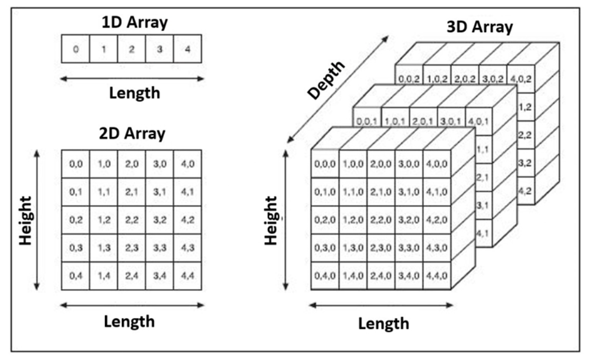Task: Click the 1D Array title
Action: (135, 23)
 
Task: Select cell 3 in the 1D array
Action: (159, 49)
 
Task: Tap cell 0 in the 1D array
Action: (76, 49)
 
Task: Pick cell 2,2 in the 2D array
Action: (131, 220)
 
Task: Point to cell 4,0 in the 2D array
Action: (188, 164)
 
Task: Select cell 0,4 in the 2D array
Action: (76, 275)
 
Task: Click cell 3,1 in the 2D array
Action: (159, 192)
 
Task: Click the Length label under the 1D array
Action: (135, 93)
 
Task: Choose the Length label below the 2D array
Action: (130, 321)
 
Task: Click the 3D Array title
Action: (478, 27)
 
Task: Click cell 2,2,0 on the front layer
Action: (380, 220)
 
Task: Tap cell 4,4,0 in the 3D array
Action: (436, 275)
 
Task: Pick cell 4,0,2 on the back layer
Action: (521, 77)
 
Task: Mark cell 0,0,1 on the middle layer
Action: (367, 121)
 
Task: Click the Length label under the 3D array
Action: (384, 323)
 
